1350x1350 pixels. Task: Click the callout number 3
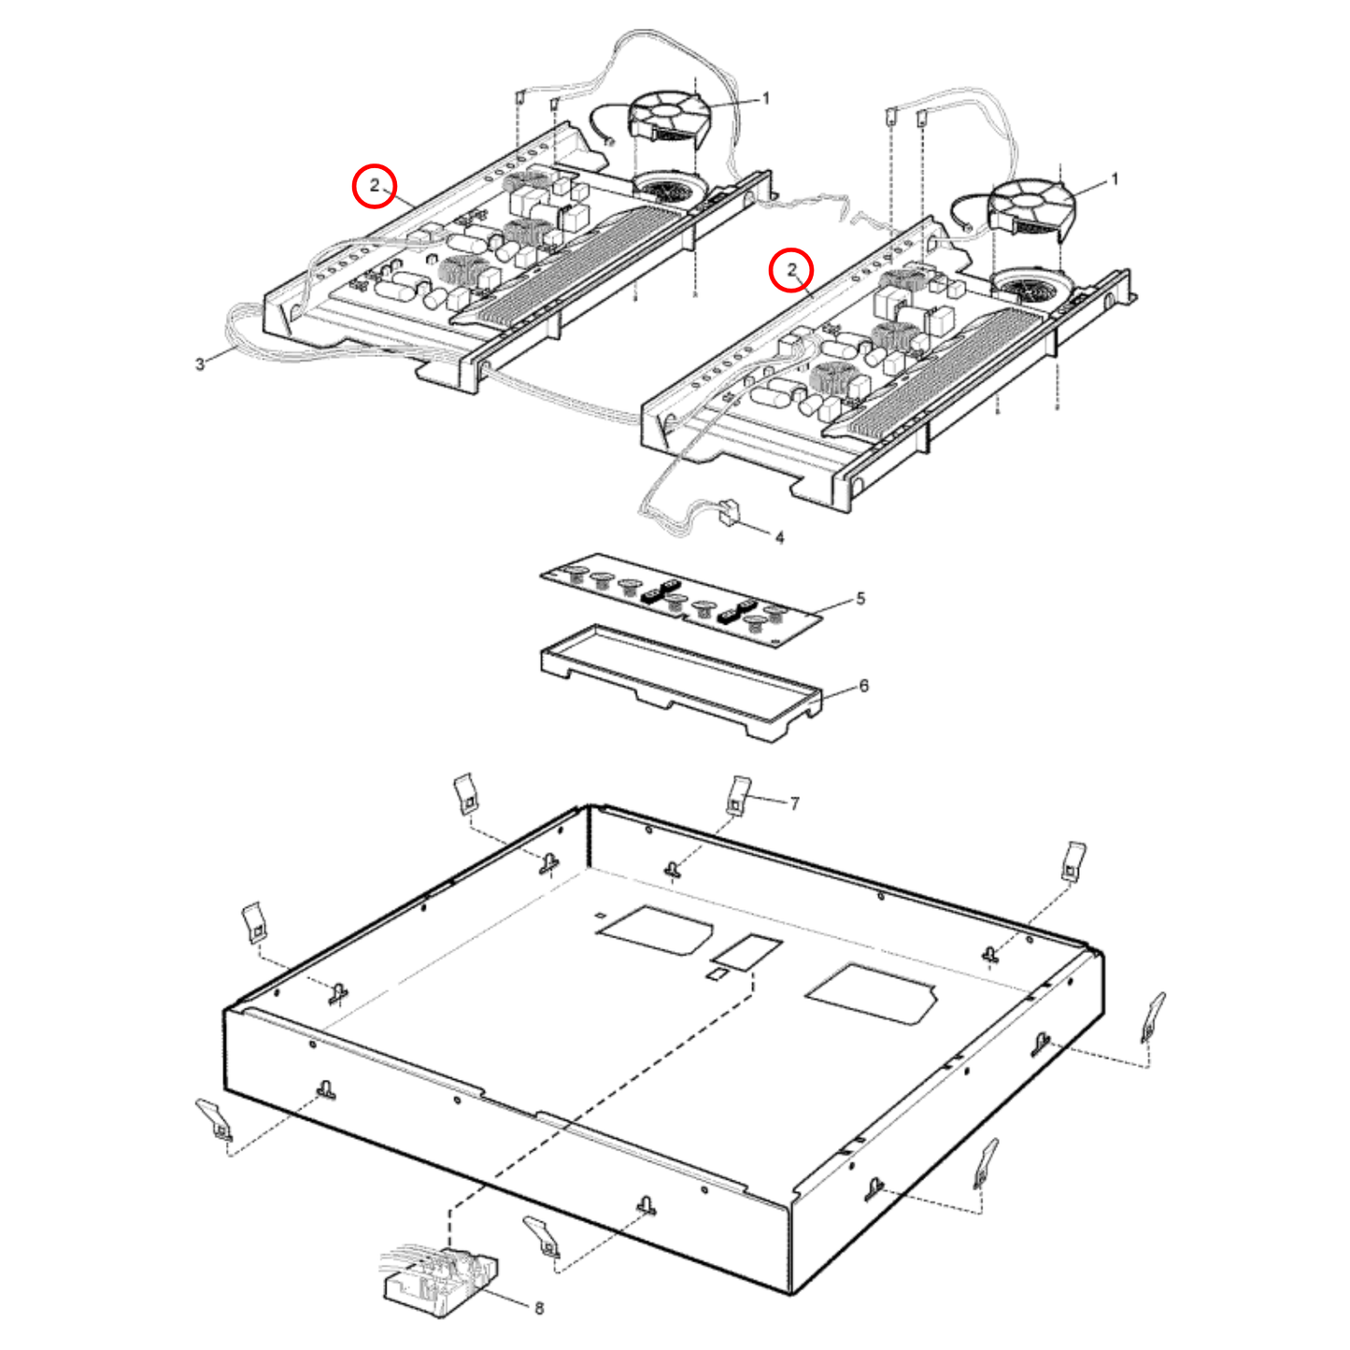pyautogui.click(x=200, y=363)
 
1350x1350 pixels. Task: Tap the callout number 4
pyautogui.click(x=779, y=537)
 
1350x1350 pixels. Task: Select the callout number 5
pyautogui.click(x=860, y=598)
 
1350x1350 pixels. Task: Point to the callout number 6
pyautogui.click(x=863, y=686)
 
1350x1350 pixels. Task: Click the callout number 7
pyautogui.click(x=794, y=803)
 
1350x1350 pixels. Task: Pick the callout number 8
pyautogui.click(x=539, y=1308)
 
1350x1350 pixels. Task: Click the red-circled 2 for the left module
pyautogui.click(x=375, y=185)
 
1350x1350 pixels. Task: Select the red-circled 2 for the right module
pyautogui.click(x=791, y=270)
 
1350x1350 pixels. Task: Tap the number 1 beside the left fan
pyautogui.click(x=766, y=98)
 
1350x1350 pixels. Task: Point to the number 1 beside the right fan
pyautogui.click(x=1114, y=179)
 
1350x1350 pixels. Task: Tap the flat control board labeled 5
pyautogui.click(x=682, y=603)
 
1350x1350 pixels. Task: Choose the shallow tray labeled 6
pyautogui.click(x=682, y=682)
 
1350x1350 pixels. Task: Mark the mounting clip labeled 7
pyautogui.click(x=738, y=795)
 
